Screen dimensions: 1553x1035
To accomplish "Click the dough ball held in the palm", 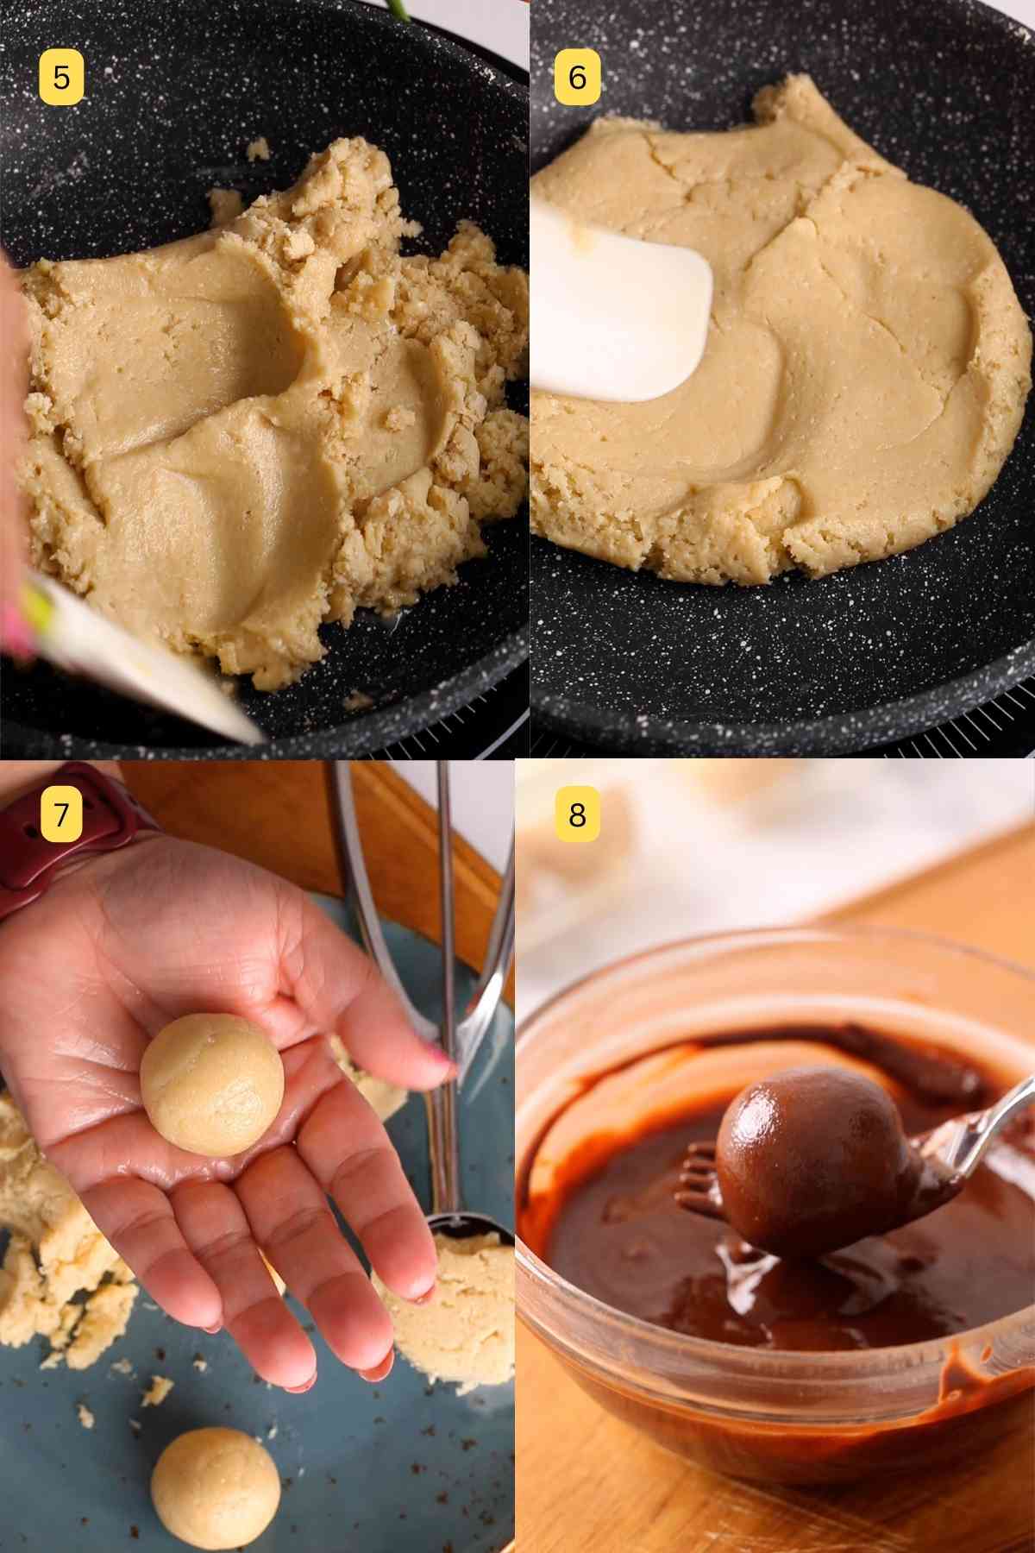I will [211, 1083].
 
